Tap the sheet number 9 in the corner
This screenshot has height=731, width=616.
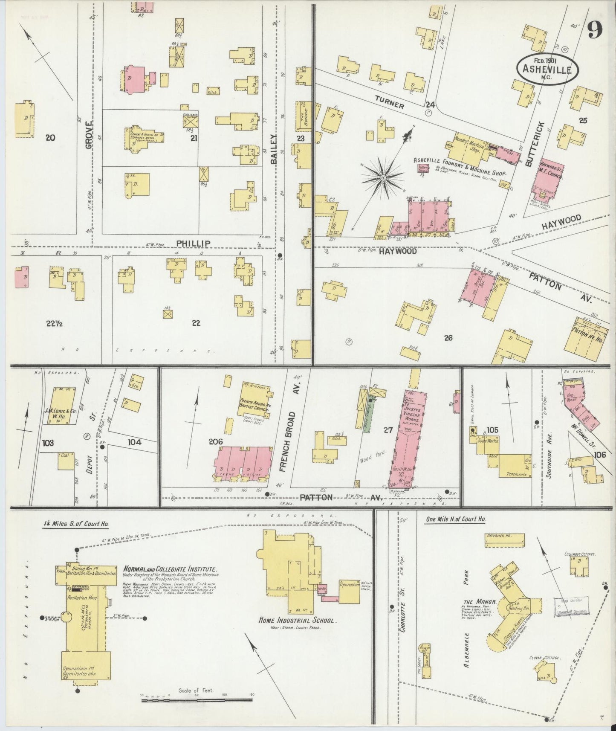point(594,30)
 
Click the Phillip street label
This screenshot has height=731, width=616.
point(194,243)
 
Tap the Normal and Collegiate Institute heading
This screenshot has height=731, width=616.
point(170,569)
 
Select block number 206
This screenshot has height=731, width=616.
point(216,442)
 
